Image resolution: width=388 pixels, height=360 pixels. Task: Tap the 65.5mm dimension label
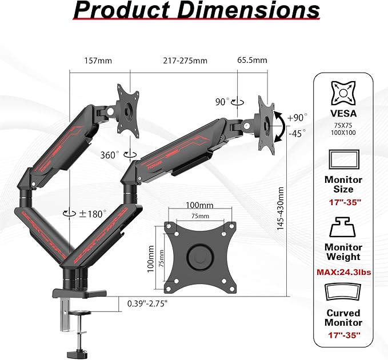coord(252,61)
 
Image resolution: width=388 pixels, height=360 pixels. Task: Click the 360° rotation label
coord(110,154)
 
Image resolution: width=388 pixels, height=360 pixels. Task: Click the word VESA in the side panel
coord(343,113)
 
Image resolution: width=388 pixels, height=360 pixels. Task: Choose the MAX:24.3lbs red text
coord(343,272)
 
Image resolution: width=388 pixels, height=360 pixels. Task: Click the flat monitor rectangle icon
coord(343,160)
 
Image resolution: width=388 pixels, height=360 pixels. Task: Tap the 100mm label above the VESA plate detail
coord(199,205)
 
